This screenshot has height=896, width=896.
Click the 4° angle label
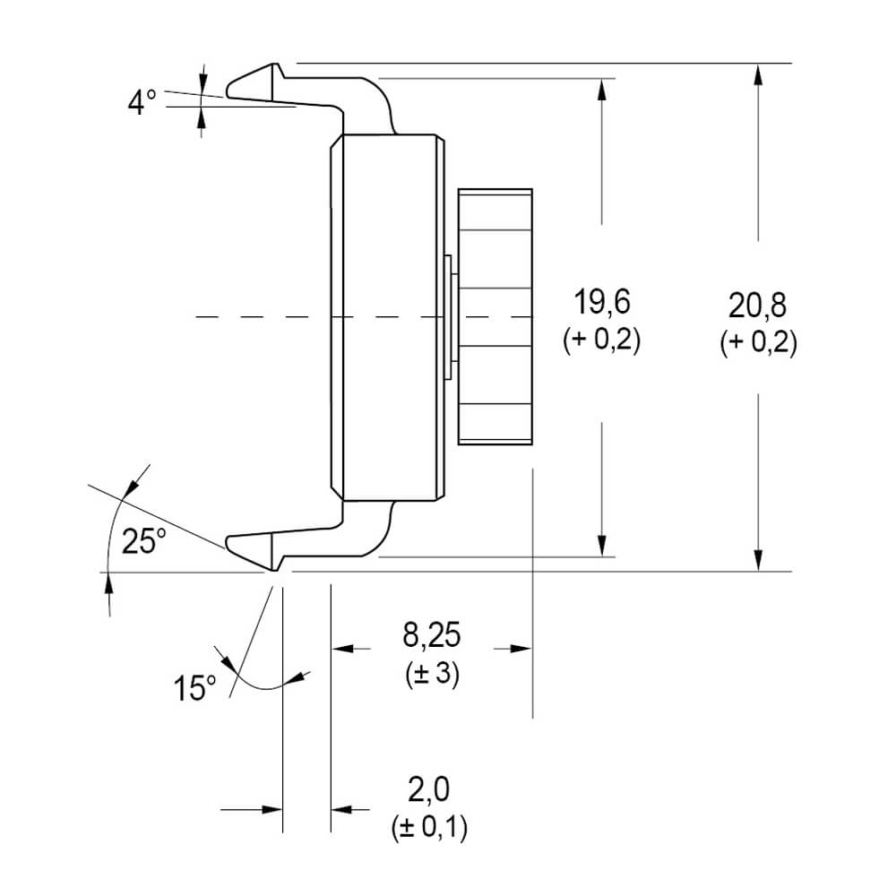tap(142, 103)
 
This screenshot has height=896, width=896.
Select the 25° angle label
tap(143, 540)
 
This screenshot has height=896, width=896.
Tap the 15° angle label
tap(194, 687)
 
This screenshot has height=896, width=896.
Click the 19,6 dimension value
tap(602, 302)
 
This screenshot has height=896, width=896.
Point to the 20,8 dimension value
tap(758, 306)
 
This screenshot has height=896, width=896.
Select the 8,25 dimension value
tap(432, 634)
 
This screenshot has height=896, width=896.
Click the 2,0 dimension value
tap(429, 789)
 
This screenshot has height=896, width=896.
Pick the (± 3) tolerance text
tap(432, 675)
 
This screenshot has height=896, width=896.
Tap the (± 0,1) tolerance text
tap(429, 827)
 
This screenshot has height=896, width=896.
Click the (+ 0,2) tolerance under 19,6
tap(602, 340)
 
